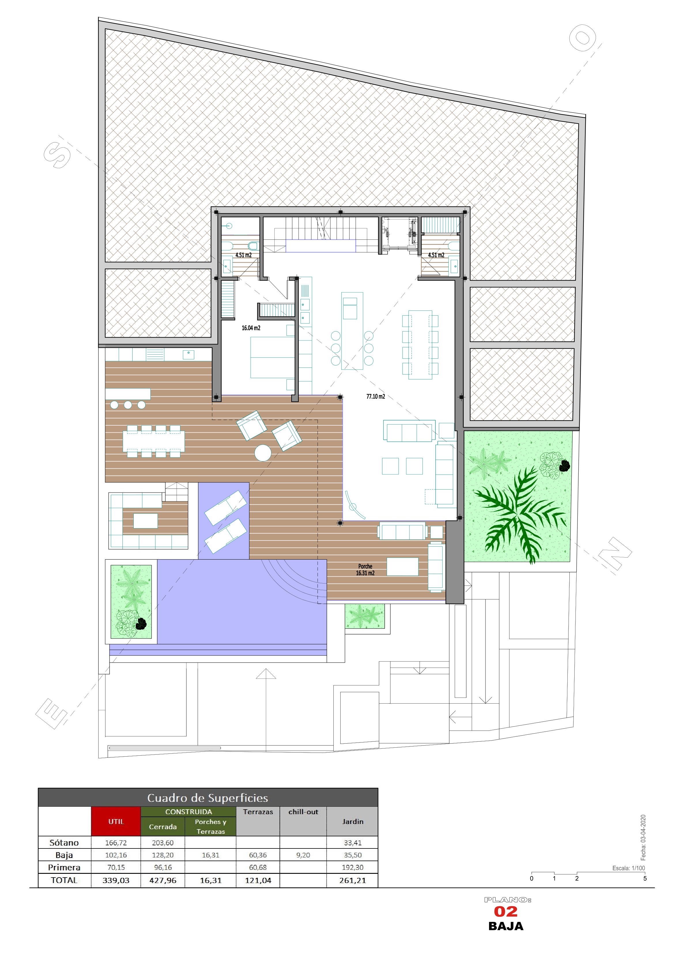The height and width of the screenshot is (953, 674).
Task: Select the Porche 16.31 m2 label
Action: click(x=365, y=569)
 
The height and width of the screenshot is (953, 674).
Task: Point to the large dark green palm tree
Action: click(x=520, y=515)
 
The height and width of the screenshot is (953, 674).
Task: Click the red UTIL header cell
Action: click(x=116, y=821)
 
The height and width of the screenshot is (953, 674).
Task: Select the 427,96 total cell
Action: click(x=163, y=880)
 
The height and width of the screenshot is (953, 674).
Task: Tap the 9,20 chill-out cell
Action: click(x=303, y=855)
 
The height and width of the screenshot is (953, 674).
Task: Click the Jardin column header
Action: click(x=353, y=821)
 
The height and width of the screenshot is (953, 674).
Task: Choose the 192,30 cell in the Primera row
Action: click(x=353, y=867)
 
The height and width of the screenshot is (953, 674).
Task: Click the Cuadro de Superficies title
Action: click(x=208, y=798)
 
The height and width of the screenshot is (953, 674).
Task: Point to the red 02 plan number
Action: click(x=505, y=912)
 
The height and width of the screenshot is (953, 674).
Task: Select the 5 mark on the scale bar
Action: click(x=645, y=878)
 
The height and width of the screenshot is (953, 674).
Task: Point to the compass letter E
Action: click(x=52, y=713)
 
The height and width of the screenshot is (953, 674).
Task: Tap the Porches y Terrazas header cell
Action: click(x=211, y=826)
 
